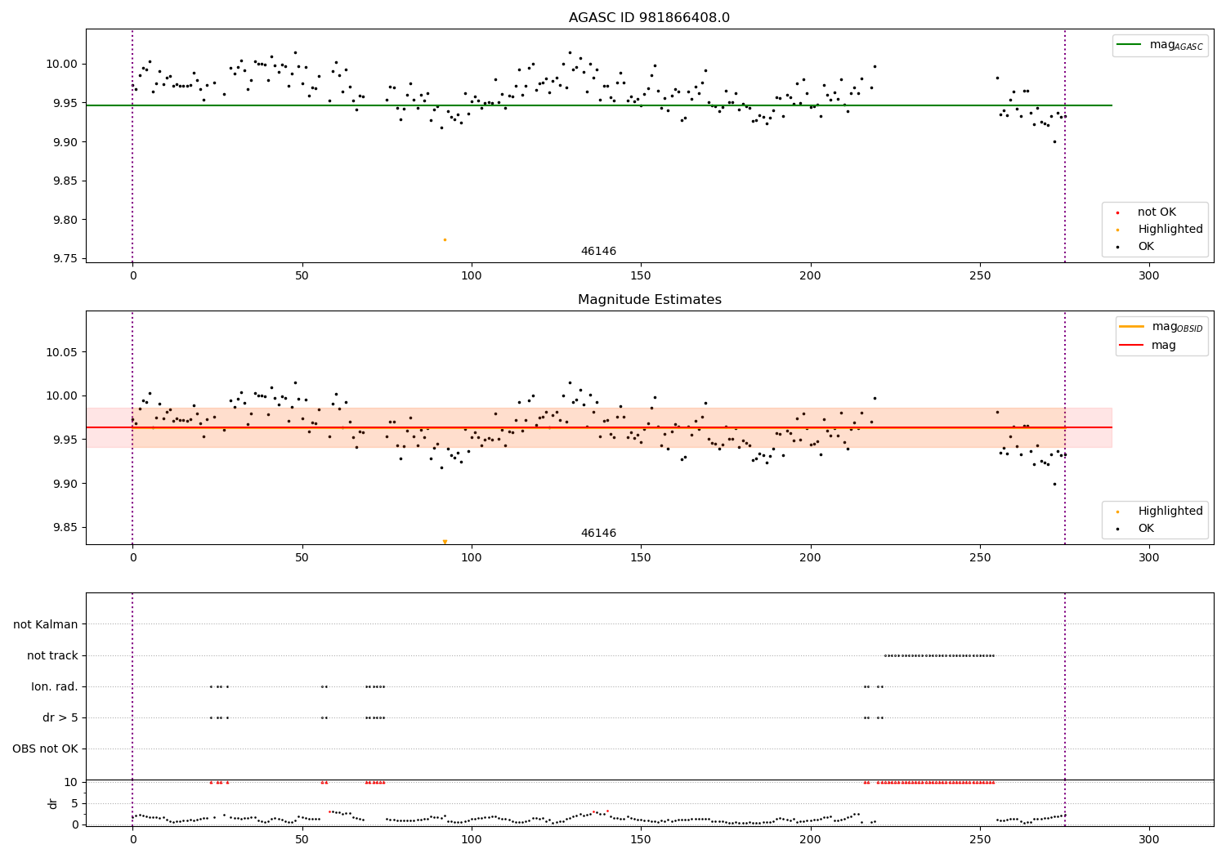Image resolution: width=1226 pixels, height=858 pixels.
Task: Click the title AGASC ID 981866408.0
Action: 649,18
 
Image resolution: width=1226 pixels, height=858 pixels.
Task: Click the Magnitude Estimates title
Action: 649,300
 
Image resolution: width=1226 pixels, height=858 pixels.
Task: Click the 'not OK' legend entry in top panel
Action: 1156,212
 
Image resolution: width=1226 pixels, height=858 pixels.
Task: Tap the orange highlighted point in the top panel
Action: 445,239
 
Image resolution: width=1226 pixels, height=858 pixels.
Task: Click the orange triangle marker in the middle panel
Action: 445,542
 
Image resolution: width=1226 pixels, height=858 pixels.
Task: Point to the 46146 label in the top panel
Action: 598,252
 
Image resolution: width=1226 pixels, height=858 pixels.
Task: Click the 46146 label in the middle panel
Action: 598,534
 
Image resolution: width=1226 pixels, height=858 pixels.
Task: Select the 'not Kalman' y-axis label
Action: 46,624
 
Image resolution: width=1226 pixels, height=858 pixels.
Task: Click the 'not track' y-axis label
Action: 52,655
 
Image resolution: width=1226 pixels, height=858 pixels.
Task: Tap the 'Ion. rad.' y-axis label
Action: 55,686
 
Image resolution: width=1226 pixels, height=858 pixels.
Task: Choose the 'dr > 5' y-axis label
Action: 60,717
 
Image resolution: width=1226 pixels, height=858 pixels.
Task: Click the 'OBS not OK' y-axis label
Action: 45,749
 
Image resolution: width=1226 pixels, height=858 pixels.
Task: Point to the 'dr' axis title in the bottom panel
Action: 53,803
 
